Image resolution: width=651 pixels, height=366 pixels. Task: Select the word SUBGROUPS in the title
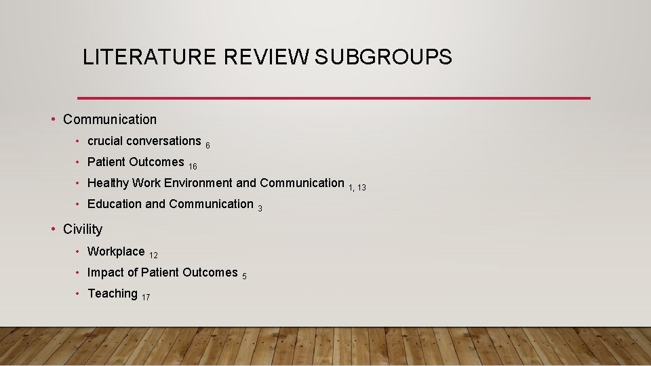point(383,58)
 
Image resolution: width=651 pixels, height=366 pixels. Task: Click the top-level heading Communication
point(109,119)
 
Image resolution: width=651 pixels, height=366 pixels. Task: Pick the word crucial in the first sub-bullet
point(105,141)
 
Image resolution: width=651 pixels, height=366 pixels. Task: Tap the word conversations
point(163,141)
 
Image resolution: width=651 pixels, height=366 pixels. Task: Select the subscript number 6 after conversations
point(208,146)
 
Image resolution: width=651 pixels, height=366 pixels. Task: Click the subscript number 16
point(193,167)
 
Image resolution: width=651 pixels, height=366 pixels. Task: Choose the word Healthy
point(108,183)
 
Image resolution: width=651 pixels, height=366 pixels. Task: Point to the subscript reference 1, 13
point(357,188)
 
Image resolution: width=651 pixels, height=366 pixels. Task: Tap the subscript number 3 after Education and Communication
point(260,209)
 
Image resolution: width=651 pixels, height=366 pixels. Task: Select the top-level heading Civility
point(83,229)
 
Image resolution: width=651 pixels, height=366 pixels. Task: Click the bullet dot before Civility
point(54,229)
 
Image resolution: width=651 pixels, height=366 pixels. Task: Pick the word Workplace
point(116,251)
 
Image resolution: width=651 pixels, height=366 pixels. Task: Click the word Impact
point(105,272)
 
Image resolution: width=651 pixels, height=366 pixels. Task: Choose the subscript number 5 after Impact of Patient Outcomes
point(244,277)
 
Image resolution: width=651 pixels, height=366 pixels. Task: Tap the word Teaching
point(113,293)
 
